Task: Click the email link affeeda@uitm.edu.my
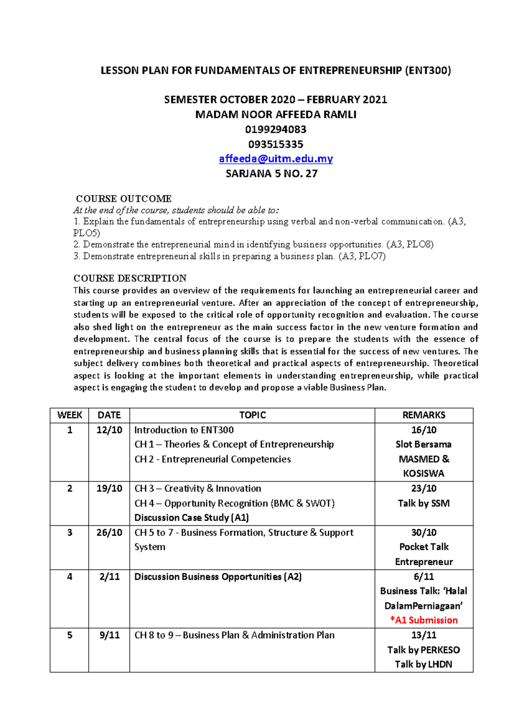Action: point(275,159)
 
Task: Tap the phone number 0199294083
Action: point(275,129)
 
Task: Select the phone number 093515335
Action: point(275,144)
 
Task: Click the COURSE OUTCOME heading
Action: point(123,199)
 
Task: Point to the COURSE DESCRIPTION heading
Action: point(130,278)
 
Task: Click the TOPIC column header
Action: point(252,415)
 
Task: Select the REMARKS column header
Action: point(424,415)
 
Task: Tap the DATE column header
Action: point(109,415)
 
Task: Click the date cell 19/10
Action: point(109,488)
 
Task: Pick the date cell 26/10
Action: point(109,532)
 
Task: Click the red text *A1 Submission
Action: point(424,620)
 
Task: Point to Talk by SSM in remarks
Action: point(424,503)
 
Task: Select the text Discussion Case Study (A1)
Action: point(191,518)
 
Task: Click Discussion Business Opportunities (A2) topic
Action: point(218,577)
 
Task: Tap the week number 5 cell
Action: point(69,635)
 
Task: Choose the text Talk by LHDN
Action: point(424,664)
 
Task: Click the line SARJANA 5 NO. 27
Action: point(272,174)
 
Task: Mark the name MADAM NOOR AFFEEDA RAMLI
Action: point(275,115)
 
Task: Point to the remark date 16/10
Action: point(424,430)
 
